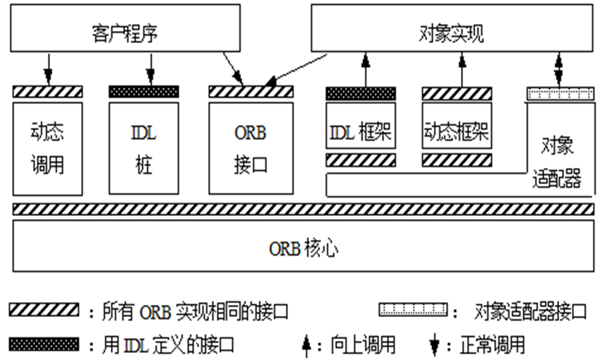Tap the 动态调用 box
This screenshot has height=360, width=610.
[x=47, y=148]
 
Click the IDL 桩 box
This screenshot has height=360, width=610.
[x=144, y=148]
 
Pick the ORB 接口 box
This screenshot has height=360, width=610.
[x=251, y=148]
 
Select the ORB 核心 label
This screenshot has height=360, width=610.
[x=303, y=247]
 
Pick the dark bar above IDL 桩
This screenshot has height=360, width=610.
[x=144, y=92]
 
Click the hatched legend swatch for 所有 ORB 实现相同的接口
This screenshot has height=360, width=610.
[x=44, y=310]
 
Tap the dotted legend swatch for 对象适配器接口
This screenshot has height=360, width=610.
[x=414, y=310]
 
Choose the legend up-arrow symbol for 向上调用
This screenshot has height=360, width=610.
[x=307, y=345]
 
